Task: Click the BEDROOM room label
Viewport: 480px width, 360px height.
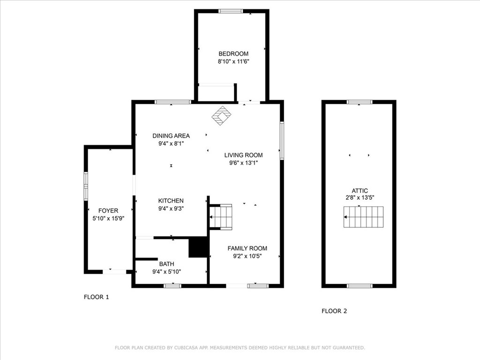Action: (233, 54)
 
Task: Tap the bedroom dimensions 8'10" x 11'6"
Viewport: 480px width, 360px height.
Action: (233, 61)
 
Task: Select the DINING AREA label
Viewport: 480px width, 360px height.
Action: (171, 136)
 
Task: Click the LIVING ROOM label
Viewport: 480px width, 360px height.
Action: (243, 155)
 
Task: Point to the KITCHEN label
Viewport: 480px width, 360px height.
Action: (171, 201)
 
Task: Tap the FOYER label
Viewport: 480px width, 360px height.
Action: (108, 210)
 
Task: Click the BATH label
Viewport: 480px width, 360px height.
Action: (166, 264)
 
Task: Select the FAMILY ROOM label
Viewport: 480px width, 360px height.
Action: (247, 248)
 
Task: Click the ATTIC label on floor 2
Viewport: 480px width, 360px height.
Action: (360, 191)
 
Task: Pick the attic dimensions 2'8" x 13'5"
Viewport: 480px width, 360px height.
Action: (360, 198)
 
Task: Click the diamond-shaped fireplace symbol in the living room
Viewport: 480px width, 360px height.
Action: (221, 115)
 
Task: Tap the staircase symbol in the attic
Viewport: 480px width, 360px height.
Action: (364, 217)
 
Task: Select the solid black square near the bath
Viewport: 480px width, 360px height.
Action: (198, 247)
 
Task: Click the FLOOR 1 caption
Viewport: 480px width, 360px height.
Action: (96, 297)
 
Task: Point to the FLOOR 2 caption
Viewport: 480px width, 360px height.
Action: (334, 311)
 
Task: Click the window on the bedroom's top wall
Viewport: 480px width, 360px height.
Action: (231, 11)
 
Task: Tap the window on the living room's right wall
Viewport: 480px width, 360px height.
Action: (282, 141)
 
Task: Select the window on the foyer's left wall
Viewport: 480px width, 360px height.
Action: (86, 186)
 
